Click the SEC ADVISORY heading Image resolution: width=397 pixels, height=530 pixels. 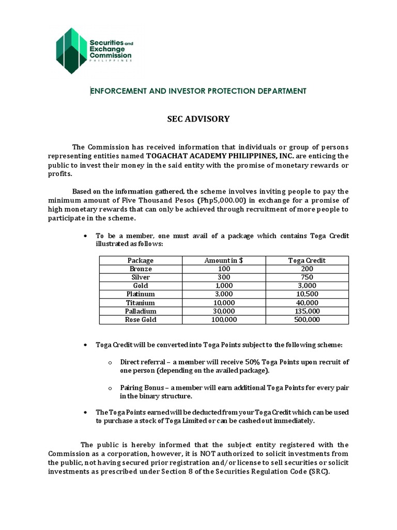click(x=198, y=119)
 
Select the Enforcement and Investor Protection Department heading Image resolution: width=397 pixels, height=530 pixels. click(x=198, y=91)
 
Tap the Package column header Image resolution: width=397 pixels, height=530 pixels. click(x=140, y=260)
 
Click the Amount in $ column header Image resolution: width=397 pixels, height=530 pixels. click(x=224, y=260)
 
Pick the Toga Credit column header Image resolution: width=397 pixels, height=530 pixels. click(x=307, y=260)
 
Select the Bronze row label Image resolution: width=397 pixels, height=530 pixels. click(x=140, y=269)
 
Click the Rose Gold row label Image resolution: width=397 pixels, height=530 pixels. click(x=140, y=319)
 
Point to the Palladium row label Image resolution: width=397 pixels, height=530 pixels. click(x=140, y=311)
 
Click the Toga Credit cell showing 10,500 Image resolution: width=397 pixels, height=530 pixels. click(x=307, y=294)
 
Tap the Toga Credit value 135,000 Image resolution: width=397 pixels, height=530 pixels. click(x=307, y=311)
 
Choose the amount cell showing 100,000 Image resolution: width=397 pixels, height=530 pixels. click(x=224, y=319)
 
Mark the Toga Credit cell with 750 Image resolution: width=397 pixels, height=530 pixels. click(x=307, y=277)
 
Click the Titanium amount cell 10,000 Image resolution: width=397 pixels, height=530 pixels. click(x=224, y=303)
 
